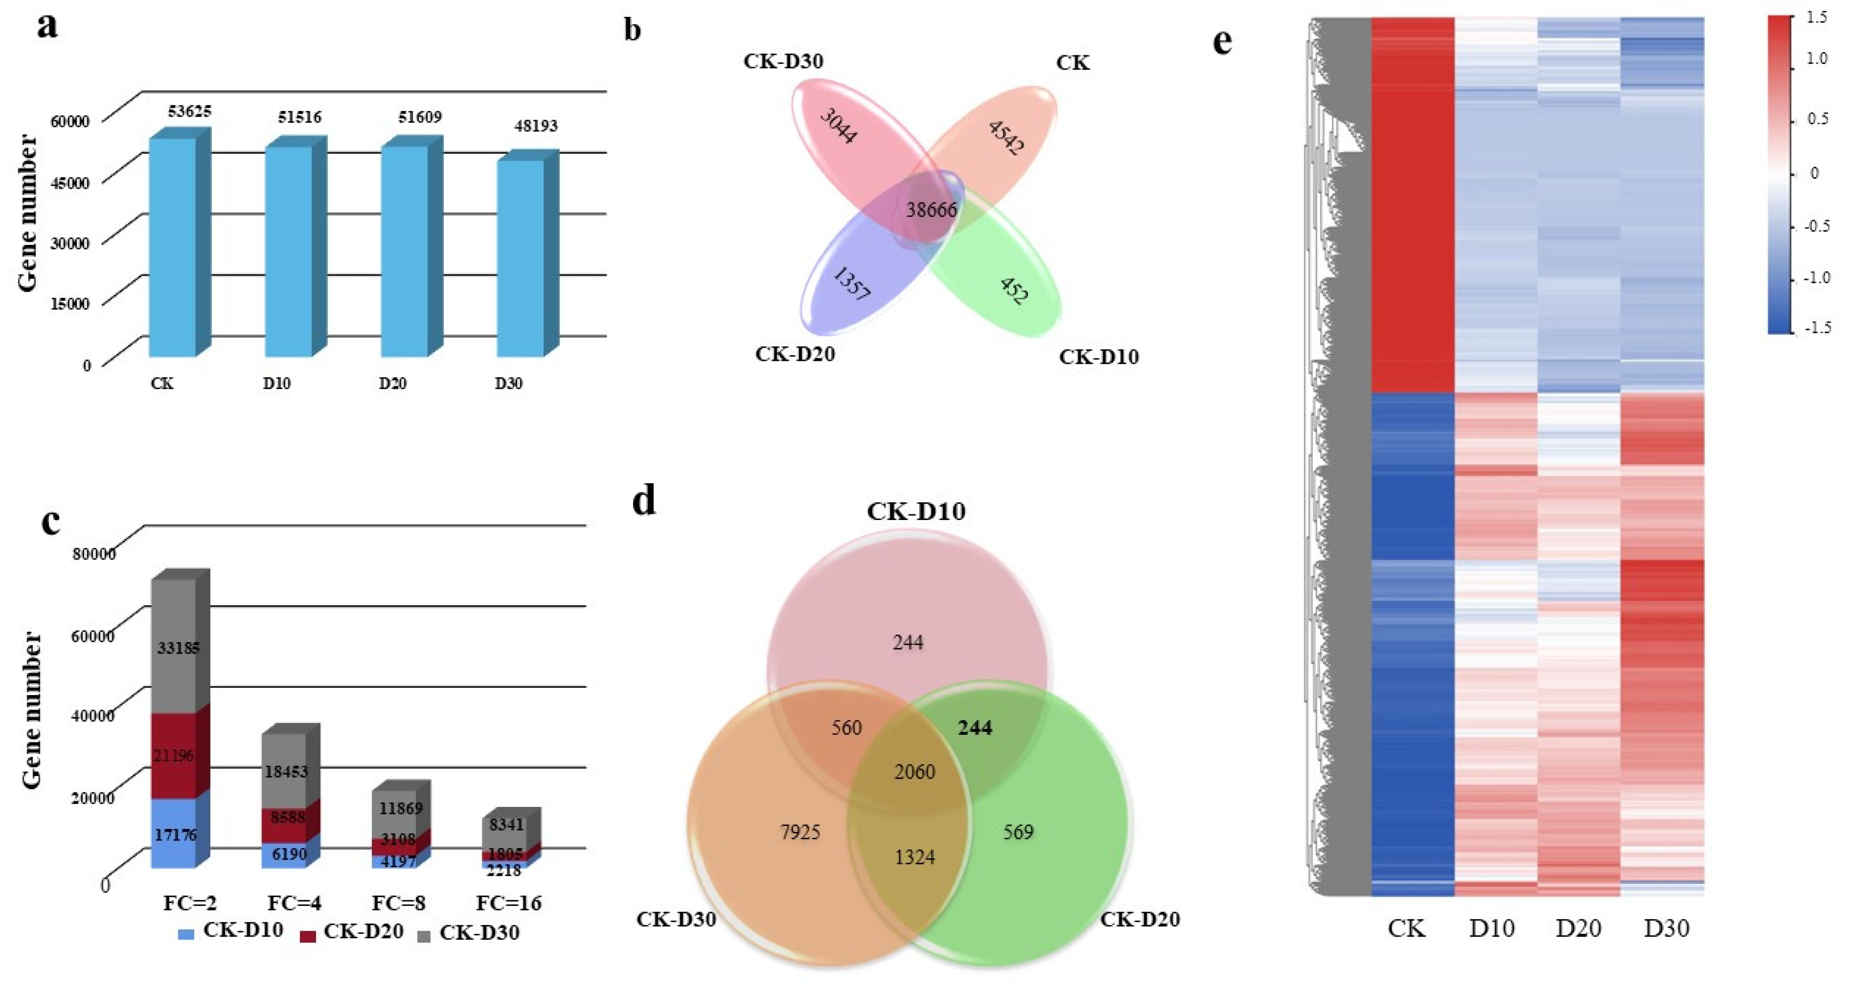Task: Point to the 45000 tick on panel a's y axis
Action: [70, 182]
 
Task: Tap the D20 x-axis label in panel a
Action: [393, 383]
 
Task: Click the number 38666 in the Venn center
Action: [931, 210]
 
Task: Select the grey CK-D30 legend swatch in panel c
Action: [424, 936]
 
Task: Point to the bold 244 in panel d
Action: [975, 728]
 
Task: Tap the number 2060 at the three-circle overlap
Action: [914, 772]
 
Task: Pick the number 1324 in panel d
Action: [914, 857]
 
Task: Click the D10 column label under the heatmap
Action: [1491, 928]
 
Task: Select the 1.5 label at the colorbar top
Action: [1817, 17]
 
